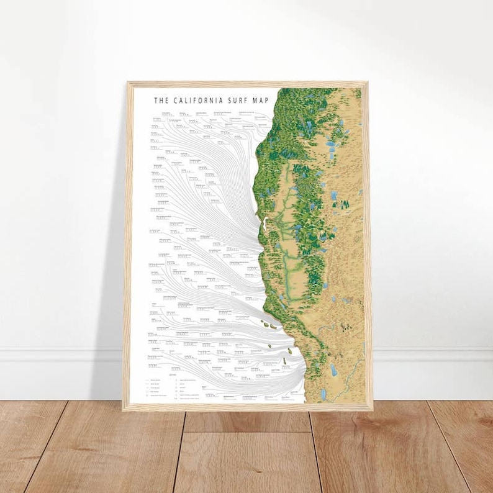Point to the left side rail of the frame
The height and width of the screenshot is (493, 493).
(x=127, y=248)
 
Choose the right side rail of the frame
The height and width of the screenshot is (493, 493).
(x=368, y=248)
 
